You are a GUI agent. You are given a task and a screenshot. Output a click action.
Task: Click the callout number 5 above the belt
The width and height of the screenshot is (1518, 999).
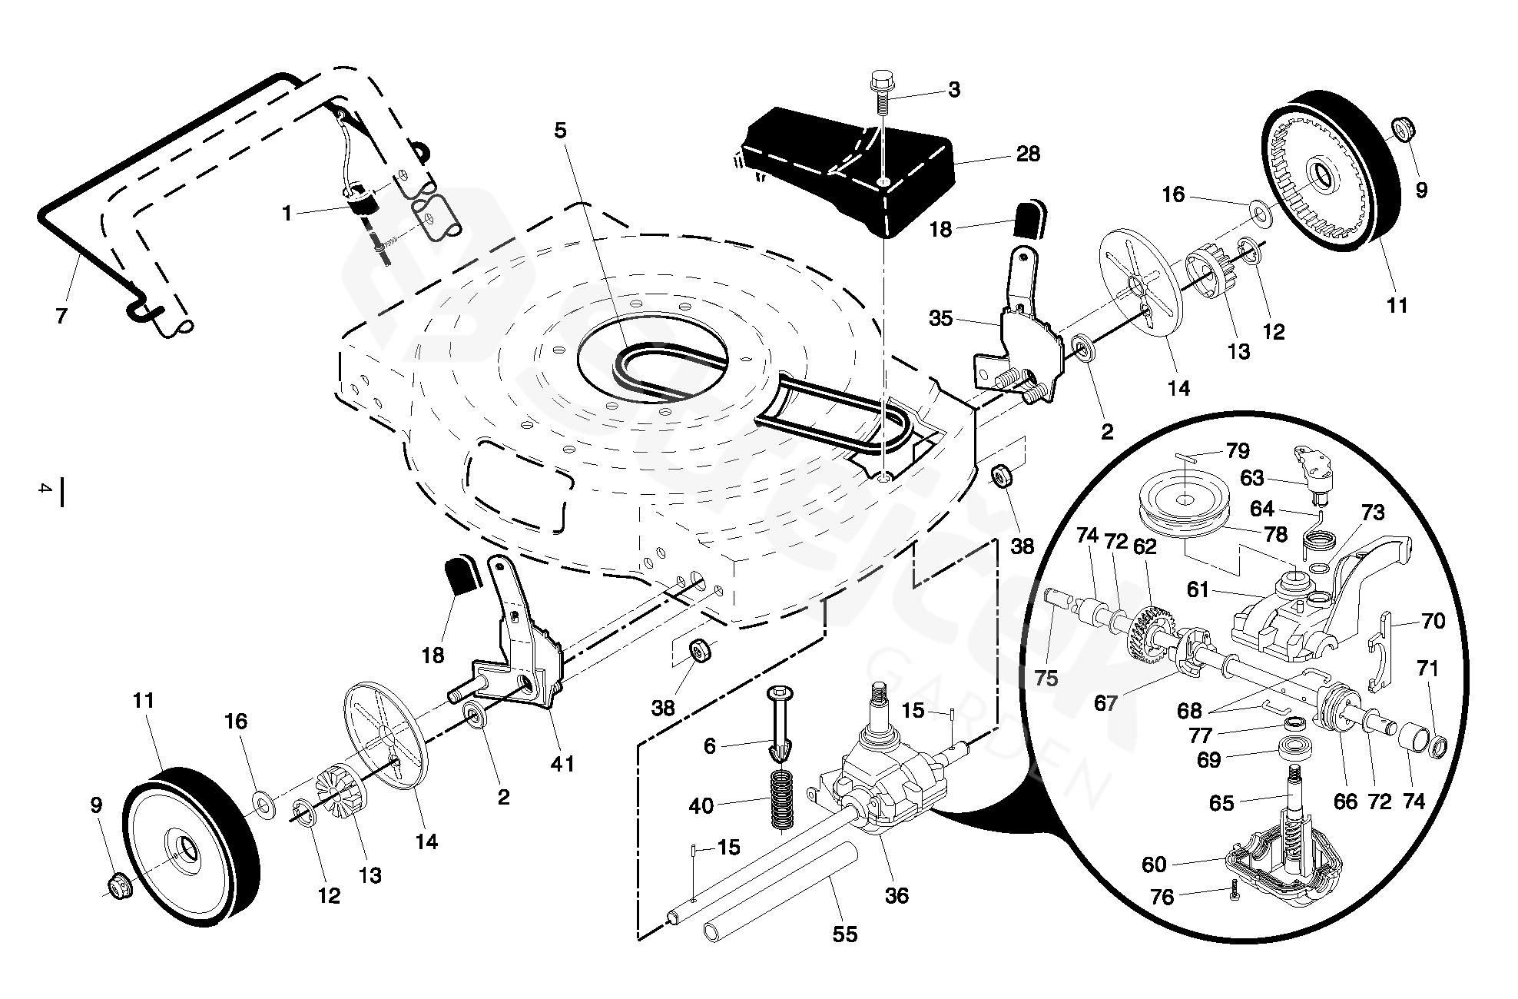pos(560,131)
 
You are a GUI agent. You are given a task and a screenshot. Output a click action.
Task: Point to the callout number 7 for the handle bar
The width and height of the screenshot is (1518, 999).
pos(62,315)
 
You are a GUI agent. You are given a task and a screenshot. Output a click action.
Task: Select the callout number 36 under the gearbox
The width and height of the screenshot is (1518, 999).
pos(897,895)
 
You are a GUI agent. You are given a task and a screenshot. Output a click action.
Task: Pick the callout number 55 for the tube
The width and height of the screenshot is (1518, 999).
pos(845,934)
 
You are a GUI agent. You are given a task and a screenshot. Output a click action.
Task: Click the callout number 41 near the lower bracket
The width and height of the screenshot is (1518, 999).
pos(563,764)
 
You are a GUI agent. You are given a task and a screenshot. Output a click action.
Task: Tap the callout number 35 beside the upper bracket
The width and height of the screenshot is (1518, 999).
pos(940,318)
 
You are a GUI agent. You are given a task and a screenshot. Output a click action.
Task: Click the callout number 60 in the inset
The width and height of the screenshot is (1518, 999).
pos(1155,865)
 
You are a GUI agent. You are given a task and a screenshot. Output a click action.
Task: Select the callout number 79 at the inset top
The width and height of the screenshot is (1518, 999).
pos(1238,450)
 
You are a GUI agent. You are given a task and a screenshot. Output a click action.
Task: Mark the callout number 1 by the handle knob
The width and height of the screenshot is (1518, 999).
pos(287,213)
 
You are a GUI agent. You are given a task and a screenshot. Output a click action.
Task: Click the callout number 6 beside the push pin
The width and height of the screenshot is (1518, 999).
pos(709,745)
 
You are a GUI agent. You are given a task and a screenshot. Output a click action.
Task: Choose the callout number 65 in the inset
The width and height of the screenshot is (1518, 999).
pos(1221,803)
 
